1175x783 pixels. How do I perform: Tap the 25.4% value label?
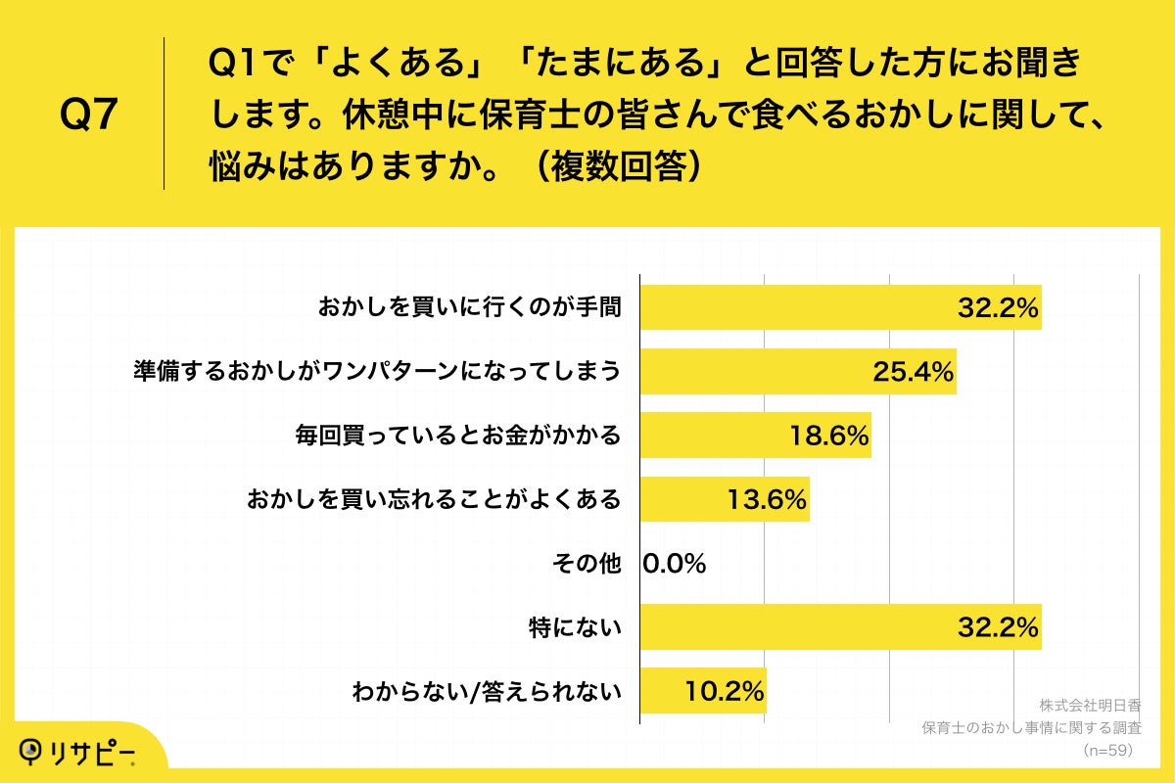tap(914, 372)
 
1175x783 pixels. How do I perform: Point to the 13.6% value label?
tap(767, 499)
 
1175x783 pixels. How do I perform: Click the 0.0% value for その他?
tap(675, 564)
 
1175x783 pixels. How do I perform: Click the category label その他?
tap(587, 564)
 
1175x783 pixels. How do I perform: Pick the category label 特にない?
tap(575, 627)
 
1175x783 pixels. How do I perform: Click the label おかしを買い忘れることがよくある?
tap(434, 499)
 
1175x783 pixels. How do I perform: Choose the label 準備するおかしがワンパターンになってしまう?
tap(377, 372)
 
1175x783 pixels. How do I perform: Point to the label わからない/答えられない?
tap(487, 692)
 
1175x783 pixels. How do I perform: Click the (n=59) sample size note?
tap(1106, 750)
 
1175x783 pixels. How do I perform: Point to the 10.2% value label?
tap(725, 691)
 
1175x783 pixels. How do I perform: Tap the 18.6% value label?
tap(829, 436)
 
